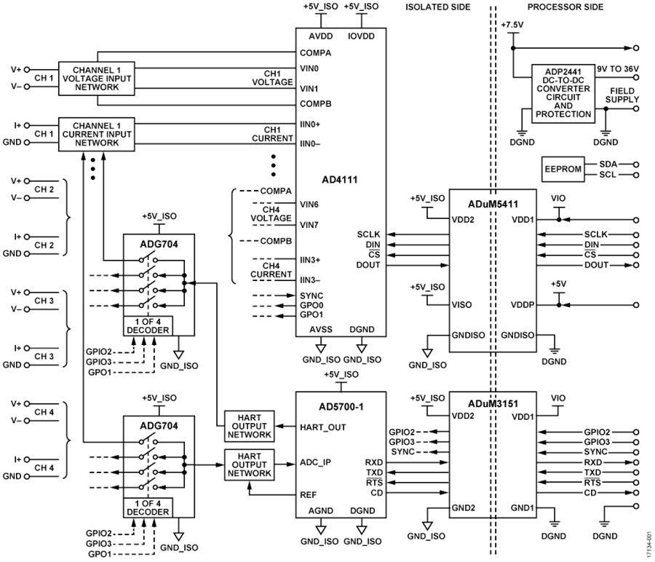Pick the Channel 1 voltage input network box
coord(98,76)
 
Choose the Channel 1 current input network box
coord(98,133)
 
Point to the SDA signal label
coord(606,165)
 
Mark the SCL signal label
coord(606,175)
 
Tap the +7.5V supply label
coord(513,23)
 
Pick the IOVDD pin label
coord(361,35)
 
